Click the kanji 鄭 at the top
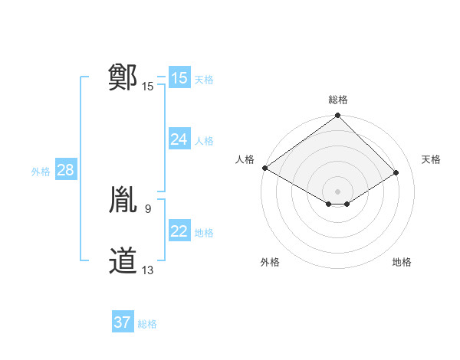pyautogui.click(x=123, y=78)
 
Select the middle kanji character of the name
pyautogui.click(x=123, y=201)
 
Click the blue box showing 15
pyautogui.click(x=179, y=78)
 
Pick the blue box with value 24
pyautogui.click(x=179, y=139)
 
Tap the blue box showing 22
pyautogui.click(x=179, y=231)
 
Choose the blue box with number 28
pyautogui.click(x=65, y=170)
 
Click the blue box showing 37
pyautogui.click(x=123, y=322)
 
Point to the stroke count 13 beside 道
pyautogui.click(x=148, y=270)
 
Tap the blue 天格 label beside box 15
pyautogui.click(x=204, y=79)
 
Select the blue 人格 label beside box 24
pyautogui.click(x=204, y=140)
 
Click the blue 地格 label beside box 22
pyautogui.click(x=204, y=232)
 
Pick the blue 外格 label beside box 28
pyautogui.click(x=41, y=172)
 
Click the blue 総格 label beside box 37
pyautogui.click(x=147, y=324)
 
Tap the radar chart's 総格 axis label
pyautogui.click(x=338, y=100)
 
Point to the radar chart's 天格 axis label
pyautogui.click(x=431, y=159)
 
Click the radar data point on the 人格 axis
pyautogui.click(x=264, y=168)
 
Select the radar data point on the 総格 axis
pyautogui.click(x=338, y=116)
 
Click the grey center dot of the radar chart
pyautogui.click(x=338, y=191)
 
